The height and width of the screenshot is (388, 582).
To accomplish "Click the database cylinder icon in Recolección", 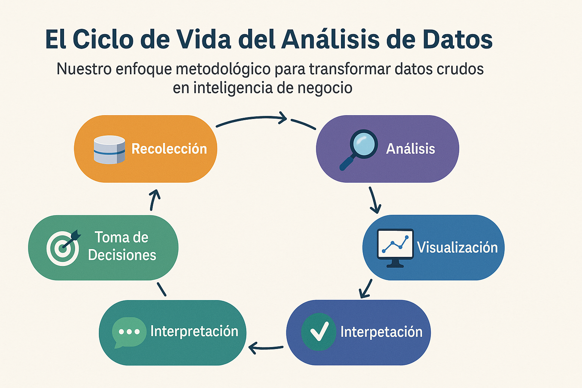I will [x=109, y=150].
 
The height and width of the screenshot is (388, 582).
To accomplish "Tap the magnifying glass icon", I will [x=359, y=149].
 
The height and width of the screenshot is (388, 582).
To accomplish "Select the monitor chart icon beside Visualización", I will [x=395, y=247].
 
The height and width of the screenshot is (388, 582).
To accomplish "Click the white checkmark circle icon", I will [x=319, y=332].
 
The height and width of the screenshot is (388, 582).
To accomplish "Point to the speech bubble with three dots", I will [x=129, y=332].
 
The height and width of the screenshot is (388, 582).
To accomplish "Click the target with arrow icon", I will [x=63, y=247].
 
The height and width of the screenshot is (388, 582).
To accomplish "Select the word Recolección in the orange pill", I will [x=169, y=149].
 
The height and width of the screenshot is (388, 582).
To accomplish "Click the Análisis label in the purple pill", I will [x=410, y=149].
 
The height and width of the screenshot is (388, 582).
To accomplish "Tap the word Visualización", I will [x=457, y=247].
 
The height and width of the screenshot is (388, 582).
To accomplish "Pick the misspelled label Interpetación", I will [x=381, y=332].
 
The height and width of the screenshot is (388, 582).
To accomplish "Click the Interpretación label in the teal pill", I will [x=194, y=331].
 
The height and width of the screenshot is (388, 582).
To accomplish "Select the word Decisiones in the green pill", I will [x=122, y=255].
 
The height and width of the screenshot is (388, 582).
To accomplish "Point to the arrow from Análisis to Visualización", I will [x=374, y=200].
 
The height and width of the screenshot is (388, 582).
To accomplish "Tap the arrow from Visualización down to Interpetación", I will [x=366, y=289].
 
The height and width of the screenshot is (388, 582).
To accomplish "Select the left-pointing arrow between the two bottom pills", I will [x=266, y=347].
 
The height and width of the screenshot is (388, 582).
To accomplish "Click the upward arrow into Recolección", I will [x=154, y=200].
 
